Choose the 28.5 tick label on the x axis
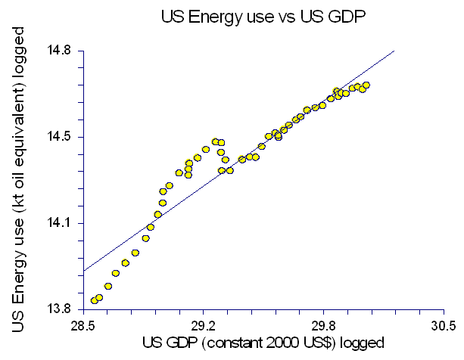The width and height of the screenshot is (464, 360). tap(83, 327)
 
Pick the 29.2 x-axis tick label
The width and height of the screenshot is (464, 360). tap(204, 327)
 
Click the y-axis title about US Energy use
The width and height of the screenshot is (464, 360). tap(20, 180)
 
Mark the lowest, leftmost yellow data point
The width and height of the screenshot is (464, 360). tap(95, 300)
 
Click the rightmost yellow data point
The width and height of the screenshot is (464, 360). tap(366, 85)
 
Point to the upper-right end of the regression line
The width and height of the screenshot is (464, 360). tap(394, 51)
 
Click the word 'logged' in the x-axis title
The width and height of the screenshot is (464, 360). tap(364, 343)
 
